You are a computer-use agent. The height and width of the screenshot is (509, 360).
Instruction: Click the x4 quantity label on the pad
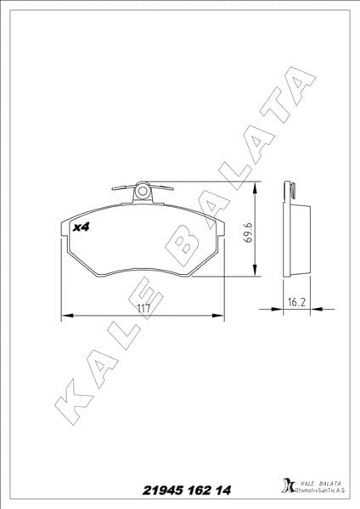click(x=82, y=227)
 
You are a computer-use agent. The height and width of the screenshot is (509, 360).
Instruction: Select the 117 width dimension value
click(x=143, y=309)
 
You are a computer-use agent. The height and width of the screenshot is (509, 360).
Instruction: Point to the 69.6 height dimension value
click(x=249, y=231)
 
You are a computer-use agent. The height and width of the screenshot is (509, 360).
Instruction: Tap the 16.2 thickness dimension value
click(x=295, y=301)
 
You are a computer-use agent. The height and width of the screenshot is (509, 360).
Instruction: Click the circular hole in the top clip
click(x=143, y=191)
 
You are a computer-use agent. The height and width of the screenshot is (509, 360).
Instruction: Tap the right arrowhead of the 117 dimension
click(x=221, y=316)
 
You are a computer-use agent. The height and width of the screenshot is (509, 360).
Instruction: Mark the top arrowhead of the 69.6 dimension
click(x=256, y=186)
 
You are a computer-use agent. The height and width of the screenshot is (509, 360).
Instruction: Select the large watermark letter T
click(x=265, y=127)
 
